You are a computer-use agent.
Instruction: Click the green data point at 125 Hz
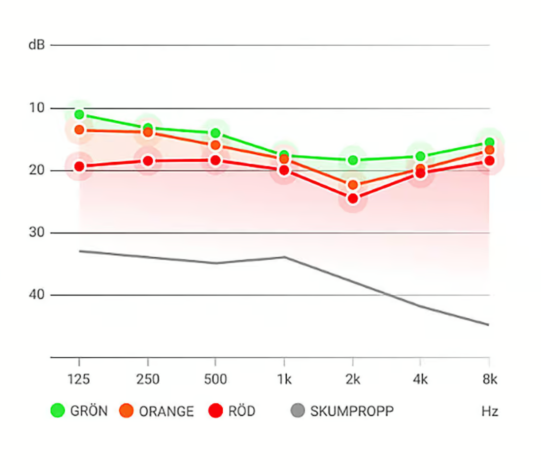tap(79, 114)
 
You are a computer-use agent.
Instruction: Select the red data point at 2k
tap(353, 198)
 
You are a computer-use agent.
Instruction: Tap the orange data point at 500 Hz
tap(215, 145)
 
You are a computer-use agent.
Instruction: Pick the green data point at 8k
tap(489, 142)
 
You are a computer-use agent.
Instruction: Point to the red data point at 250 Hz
tap(148, 161)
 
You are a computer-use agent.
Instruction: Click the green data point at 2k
tap(353, 160)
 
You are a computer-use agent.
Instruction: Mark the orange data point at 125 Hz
tap(79, 130)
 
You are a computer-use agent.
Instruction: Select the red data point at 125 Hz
tap(79, 167)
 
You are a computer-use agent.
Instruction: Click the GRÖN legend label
tap(89, 411)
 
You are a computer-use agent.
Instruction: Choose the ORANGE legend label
tap(166, 411)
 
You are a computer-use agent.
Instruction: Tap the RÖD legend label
tap(241, 411)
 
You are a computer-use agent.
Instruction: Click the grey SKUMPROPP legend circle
tap(298, 410)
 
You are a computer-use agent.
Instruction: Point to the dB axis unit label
tap(36, 45)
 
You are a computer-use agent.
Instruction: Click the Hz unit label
tap(490, 411)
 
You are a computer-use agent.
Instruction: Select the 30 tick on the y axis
tap(36, 233)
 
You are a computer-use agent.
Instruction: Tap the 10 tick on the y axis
tap(36, 108)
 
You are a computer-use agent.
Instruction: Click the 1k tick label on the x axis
tap(284, 379)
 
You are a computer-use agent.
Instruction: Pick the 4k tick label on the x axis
tap(420, 379)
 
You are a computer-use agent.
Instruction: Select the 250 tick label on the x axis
tap(148, 379)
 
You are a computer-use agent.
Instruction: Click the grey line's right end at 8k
tap(488, 325)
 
